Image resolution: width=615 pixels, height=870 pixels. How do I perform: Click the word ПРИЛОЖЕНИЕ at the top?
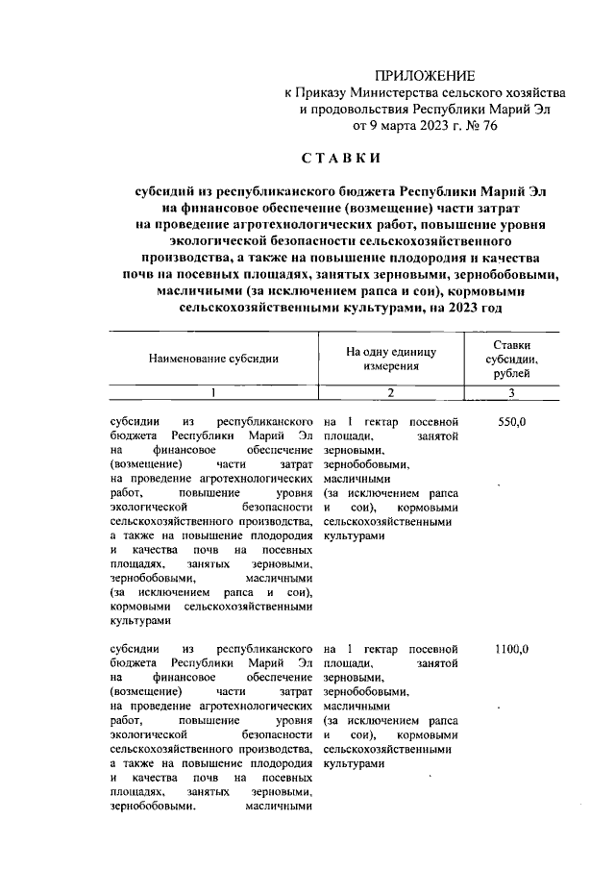coord(425,74)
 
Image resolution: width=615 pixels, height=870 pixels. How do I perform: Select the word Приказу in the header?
coord(327,91)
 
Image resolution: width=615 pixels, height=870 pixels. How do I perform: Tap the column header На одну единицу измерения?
coord(391,358)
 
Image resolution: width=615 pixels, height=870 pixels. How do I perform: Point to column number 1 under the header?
coord(213,392)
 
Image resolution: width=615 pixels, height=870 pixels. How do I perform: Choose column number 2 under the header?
coord(391,392)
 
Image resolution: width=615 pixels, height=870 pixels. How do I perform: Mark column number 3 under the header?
coord(511,392)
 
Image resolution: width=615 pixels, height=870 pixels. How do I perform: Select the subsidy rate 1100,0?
coord(511,649)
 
